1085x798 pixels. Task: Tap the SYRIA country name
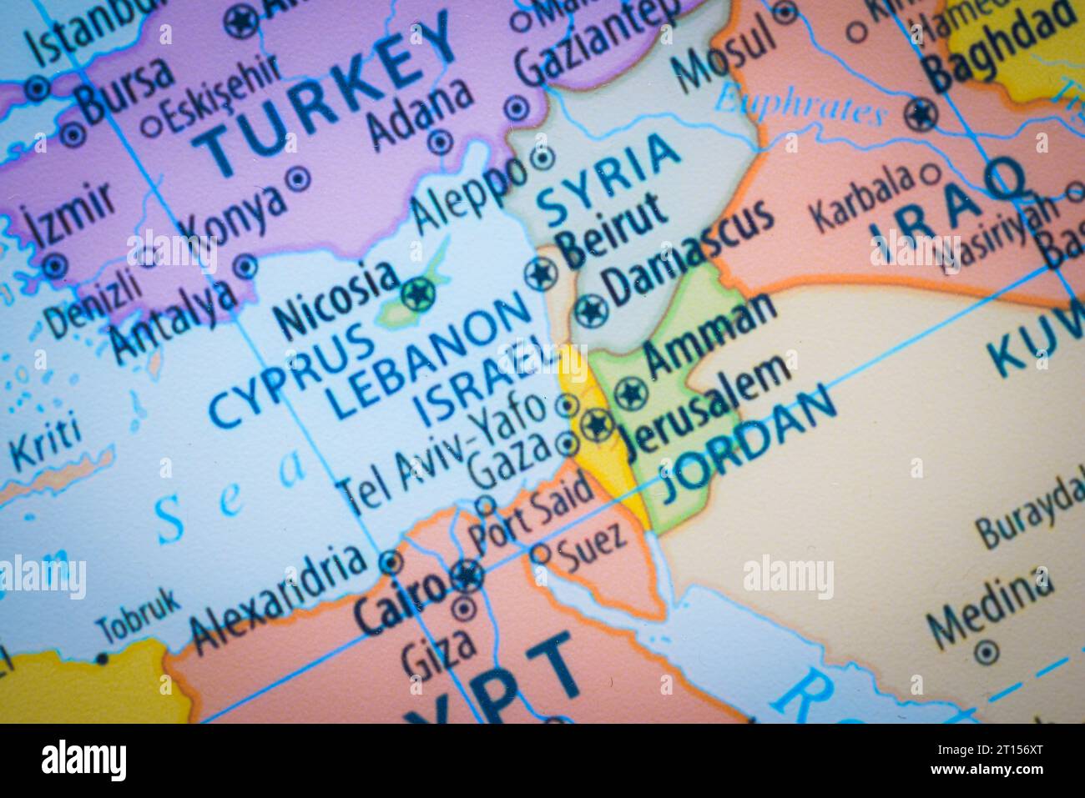pos(608,179)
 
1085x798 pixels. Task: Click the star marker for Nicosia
pos(417,294)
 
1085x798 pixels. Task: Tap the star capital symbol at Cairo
pos(467,575)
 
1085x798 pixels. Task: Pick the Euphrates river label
pos(801,103)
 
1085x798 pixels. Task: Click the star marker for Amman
pos(631,392)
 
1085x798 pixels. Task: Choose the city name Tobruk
pos(138,614)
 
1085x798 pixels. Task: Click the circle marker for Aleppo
pos(542,157)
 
